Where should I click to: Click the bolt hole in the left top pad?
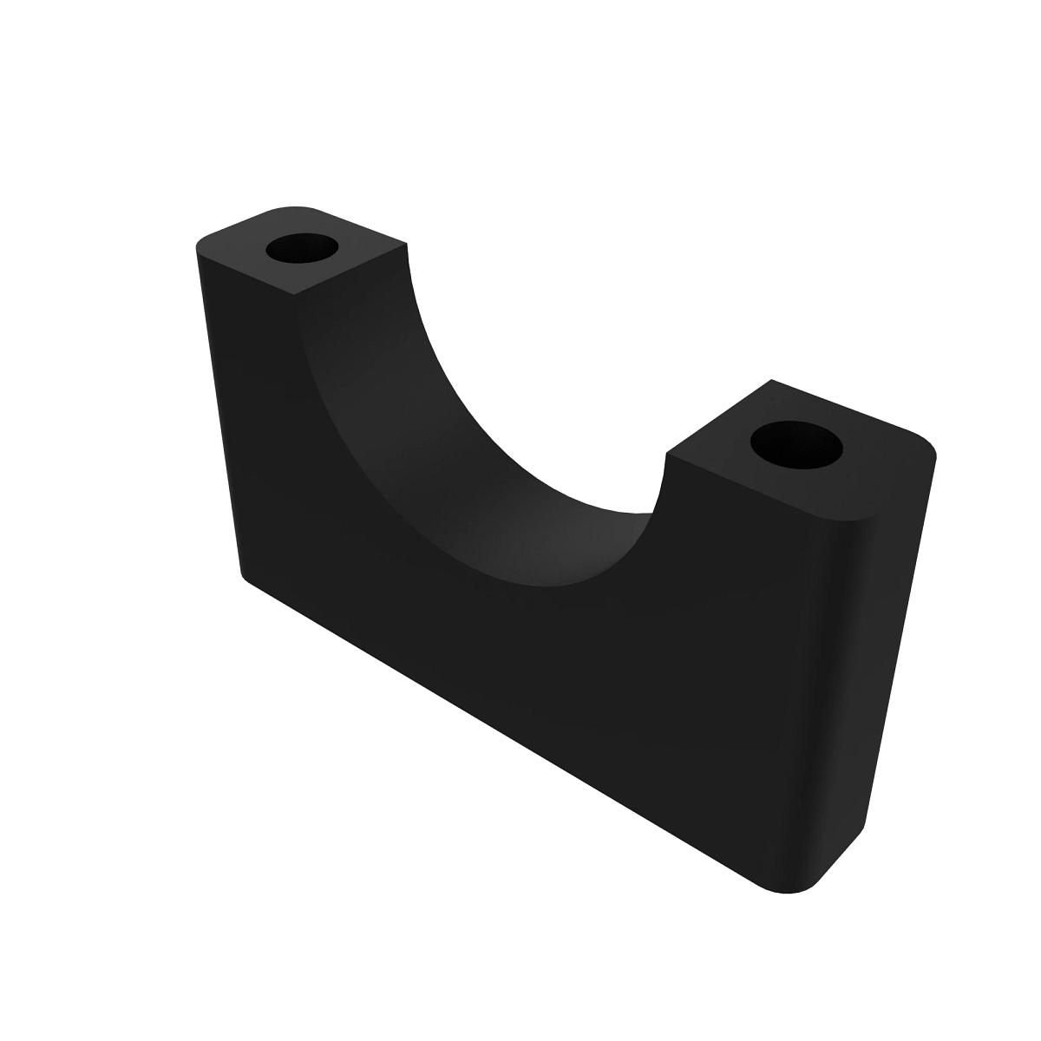point(302,249)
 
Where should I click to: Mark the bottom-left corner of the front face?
point(244,573)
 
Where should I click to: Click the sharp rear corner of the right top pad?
point(770,380)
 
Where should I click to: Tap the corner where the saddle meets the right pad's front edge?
point(665,453)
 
